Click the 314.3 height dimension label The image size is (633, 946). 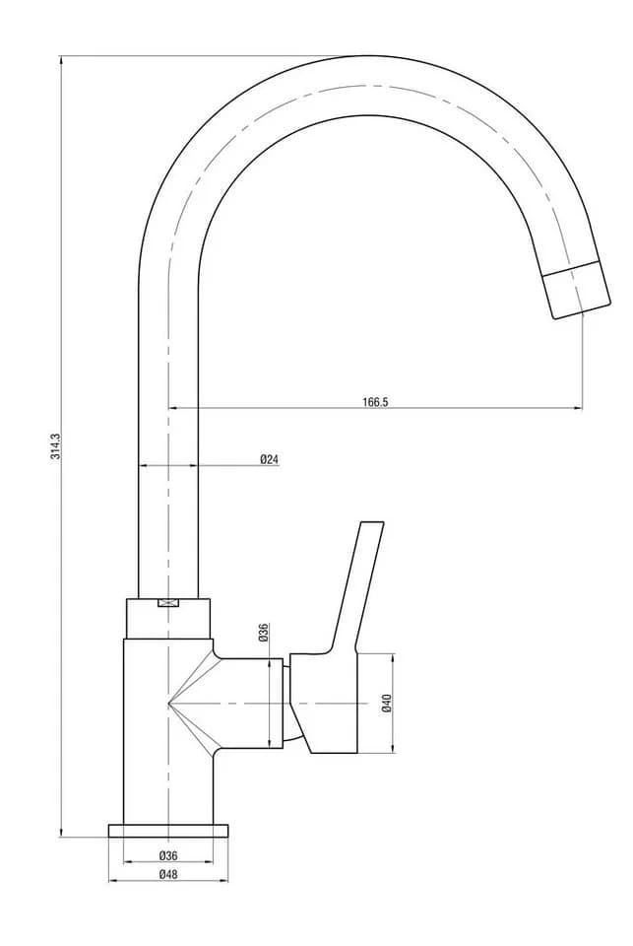tap(55, 446)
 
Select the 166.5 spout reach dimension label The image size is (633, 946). tap(375, 402)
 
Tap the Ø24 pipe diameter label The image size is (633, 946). tap(270, 460)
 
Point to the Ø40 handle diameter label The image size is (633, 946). tap(387, 704)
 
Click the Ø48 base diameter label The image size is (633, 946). tap(168, 874)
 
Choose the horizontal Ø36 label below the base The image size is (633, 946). tap(168, 855)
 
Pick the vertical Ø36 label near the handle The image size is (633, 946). tap(264, 632)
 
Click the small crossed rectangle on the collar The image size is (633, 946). tap(168, 603)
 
